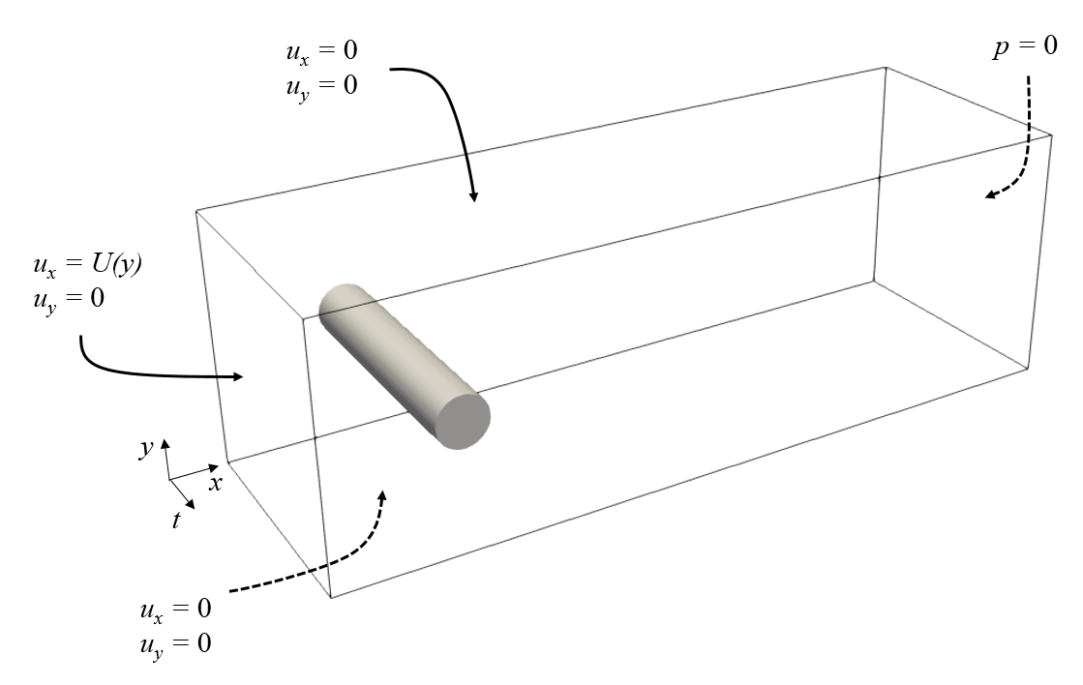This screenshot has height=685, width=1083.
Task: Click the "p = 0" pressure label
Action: coord(1011,48)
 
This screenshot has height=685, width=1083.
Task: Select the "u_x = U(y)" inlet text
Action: coord(86,264)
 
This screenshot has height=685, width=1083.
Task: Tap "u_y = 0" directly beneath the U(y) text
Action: coord(68,299)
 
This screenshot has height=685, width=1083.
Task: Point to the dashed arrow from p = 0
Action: coord(1021,161)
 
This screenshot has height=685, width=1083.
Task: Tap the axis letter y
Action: coord(146,448)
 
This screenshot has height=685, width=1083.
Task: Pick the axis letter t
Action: coord(176,521)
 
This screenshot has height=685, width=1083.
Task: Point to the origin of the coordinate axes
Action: coord(169,479)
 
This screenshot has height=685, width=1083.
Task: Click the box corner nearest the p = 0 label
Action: coord(1052,135)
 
